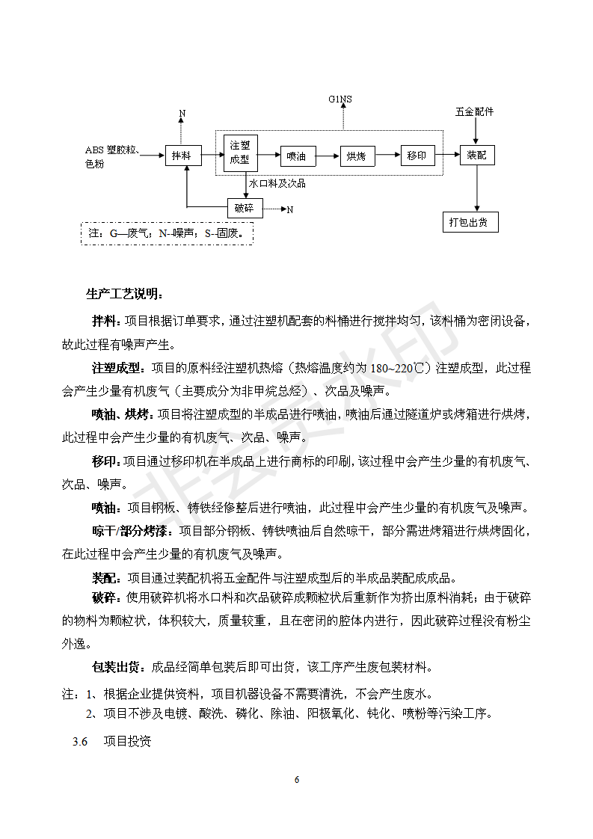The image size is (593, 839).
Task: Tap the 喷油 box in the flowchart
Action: (296, 156)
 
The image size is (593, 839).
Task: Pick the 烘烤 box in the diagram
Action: (357, 156)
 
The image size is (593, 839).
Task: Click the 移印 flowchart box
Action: (417, 156)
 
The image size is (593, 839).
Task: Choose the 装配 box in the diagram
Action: (476, 156)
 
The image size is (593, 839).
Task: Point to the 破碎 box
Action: (245, 209)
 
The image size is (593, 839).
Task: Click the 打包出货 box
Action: (470, 222)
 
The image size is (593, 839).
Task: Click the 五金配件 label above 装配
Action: (474, 112)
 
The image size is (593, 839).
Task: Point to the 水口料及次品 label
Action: (277, 183)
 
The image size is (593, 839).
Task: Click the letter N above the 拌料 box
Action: (182, 114)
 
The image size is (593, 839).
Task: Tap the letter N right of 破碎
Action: (290, 210)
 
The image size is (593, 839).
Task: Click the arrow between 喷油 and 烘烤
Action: (327, 156)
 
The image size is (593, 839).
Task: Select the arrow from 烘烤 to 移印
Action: (387, 156)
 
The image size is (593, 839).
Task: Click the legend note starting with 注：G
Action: (166, 233)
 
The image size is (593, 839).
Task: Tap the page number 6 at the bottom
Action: (297, 780)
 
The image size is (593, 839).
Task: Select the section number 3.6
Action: (80, 743)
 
